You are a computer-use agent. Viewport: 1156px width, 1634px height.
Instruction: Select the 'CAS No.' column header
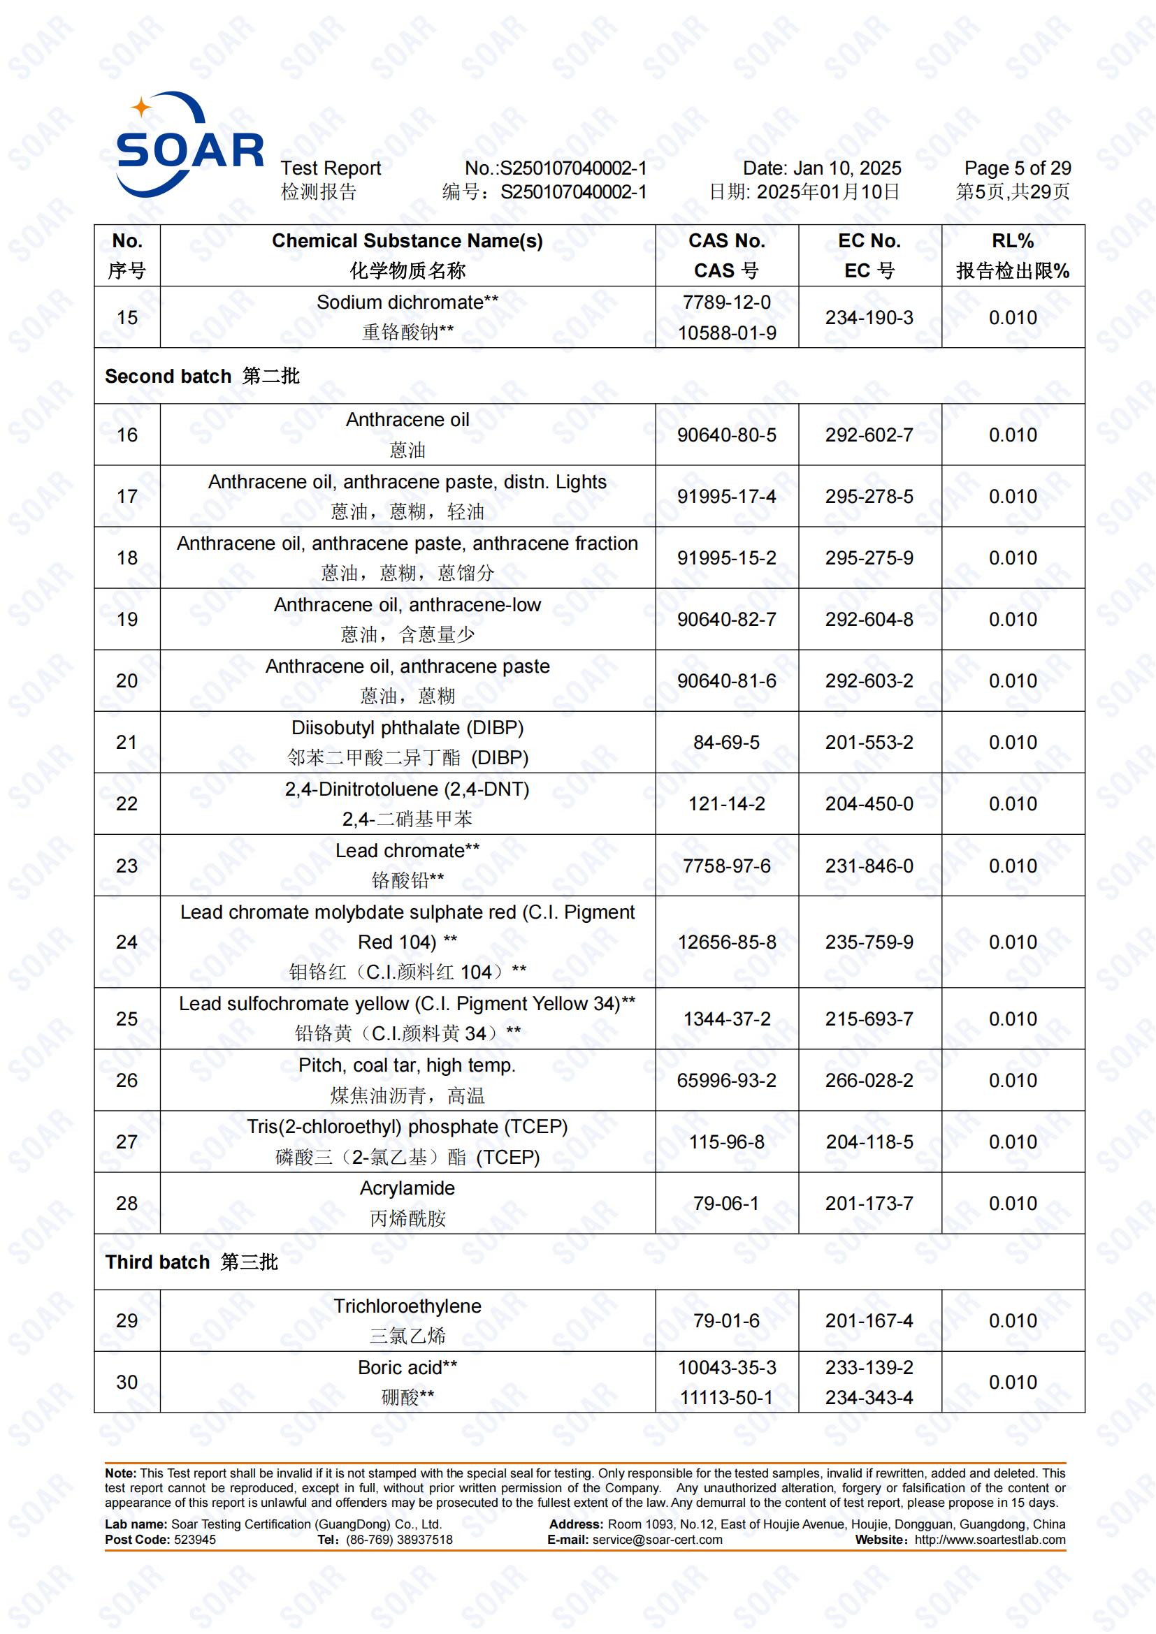click(726, 241)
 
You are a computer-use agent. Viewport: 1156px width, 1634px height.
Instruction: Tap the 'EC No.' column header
click(869, 241)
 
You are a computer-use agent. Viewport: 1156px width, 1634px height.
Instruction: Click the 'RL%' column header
click(1012, 241)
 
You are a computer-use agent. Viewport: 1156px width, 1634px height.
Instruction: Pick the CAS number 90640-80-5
click(726, 435)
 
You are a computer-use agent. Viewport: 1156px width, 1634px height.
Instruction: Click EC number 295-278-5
click(869, 496)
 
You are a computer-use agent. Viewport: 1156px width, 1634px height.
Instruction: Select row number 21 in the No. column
click(127, 743)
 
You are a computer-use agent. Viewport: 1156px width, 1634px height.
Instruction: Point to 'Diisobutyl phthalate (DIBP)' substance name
click(407, 728)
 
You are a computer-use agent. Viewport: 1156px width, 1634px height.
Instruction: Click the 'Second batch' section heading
click(168, 377)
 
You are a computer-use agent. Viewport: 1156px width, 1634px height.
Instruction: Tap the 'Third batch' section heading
click(157, 1262)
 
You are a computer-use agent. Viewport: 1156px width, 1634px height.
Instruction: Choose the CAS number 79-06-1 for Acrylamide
click(726, 1204)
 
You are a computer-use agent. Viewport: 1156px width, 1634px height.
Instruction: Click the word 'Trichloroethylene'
click(407, 1306)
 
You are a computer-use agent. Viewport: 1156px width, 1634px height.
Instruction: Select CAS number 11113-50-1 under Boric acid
click(726, 1397)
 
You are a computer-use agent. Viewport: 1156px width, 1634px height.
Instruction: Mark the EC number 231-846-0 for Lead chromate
click(869, 866)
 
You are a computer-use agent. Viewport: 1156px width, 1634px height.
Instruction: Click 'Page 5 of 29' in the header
click(1017, 168)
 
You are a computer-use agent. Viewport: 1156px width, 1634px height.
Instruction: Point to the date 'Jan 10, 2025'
click(847, 168)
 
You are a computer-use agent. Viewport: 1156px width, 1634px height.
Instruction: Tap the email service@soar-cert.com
click(657, 1540)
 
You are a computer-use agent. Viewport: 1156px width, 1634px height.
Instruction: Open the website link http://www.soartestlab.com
click(990, 1540)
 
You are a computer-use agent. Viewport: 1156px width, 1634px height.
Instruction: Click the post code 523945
click(195, 1540)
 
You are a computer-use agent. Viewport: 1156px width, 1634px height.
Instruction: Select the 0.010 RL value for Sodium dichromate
click(1012, 318)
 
